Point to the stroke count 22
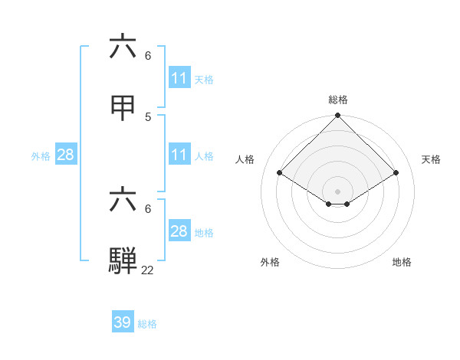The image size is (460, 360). point(147,270)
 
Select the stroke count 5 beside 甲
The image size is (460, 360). point(148,117)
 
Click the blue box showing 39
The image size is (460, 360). point(123,322)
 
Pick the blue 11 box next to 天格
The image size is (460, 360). point(179,78)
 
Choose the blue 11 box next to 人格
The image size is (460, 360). point(179,155)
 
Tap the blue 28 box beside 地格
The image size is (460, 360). point(179,231)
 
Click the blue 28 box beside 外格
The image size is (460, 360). point(66,155)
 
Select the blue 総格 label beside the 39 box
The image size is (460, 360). point(147,323)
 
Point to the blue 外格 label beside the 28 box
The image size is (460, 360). point(41,155)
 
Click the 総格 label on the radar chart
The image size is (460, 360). point(338,100)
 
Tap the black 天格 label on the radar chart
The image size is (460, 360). point(431,159)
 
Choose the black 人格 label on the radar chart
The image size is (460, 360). point(245,159)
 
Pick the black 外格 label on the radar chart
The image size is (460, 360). point(270,262)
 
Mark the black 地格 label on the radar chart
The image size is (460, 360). point(402,262)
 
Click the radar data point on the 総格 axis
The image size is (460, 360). point(338,116)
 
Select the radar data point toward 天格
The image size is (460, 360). point(396,173)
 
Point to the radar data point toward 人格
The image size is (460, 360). point(280,173)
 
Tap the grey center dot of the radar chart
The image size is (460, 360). point(338,191)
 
